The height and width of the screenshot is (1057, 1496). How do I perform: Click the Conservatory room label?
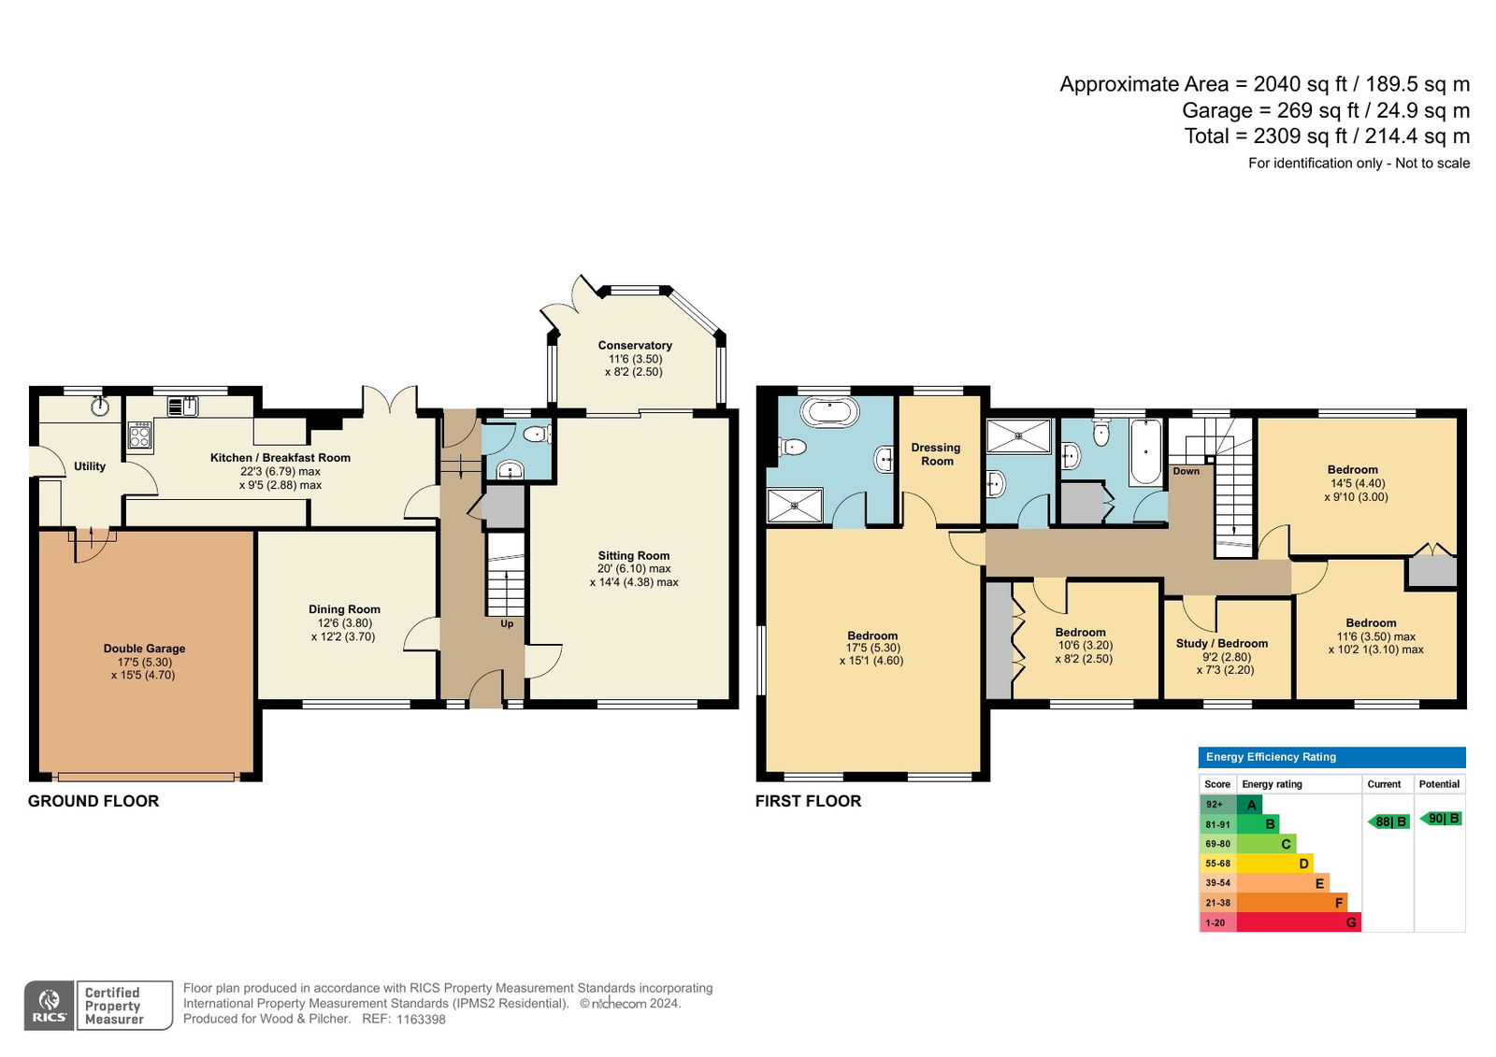pos(635,345)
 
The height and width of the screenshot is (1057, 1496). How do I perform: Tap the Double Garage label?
pos(144,649)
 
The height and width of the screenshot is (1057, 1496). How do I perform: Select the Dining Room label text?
pos(344,609)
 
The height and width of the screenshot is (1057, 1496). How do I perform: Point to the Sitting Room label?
pos(633,555)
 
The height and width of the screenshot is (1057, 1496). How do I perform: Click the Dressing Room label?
pos(936,454)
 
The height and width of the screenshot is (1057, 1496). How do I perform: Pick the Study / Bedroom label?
pos(1221,644)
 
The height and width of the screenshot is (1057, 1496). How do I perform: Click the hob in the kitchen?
pos(139,435)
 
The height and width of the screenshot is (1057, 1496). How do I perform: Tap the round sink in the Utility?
pos(101,406)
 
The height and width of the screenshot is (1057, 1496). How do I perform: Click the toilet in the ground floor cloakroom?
pos(537,436)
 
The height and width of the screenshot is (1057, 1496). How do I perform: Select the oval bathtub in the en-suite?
pos(829,412)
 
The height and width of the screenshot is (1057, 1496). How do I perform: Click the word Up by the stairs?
pos(507,623)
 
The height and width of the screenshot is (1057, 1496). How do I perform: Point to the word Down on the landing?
pos(1187,471)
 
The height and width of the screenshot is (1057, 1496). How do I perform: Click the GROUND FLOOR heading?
pos(93,801)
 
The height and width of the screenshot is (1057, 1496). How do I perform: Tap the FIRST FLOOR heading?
pos(808,801)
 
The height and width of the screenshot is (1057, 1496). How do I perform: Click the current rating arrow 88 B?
pos(1389,822)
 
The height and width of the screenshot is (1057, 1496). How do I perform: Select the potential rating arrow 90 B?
pos(1441,819)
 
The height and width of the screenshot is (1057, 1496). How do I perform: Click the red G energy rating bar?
pos(1299,922)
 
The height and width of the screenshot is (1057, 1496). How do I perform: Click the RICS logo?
pos(50,1006)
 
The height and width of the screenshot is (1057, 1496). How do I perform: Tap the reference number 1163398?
pos(421,1020)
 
